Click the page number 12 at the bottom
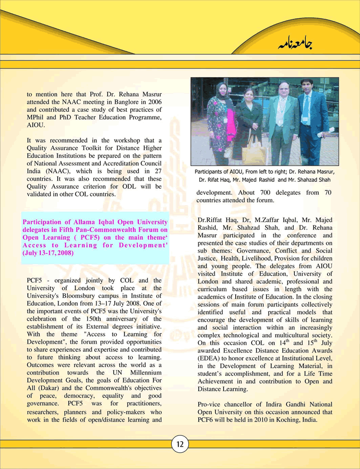[x=180, y=444]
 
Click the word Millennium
[x=142, y=372]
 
